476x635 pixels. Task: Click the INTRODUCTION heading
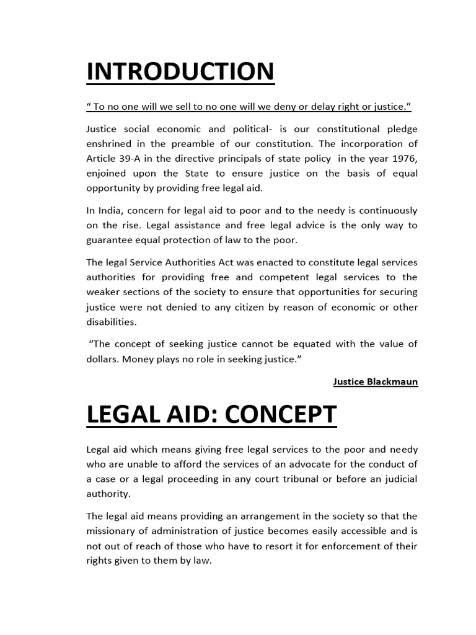180,72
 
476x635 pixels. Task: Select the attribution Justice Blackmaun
376,381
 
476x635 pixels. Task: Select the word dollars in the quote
104,359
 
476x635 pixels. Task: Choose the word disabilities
112,322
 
